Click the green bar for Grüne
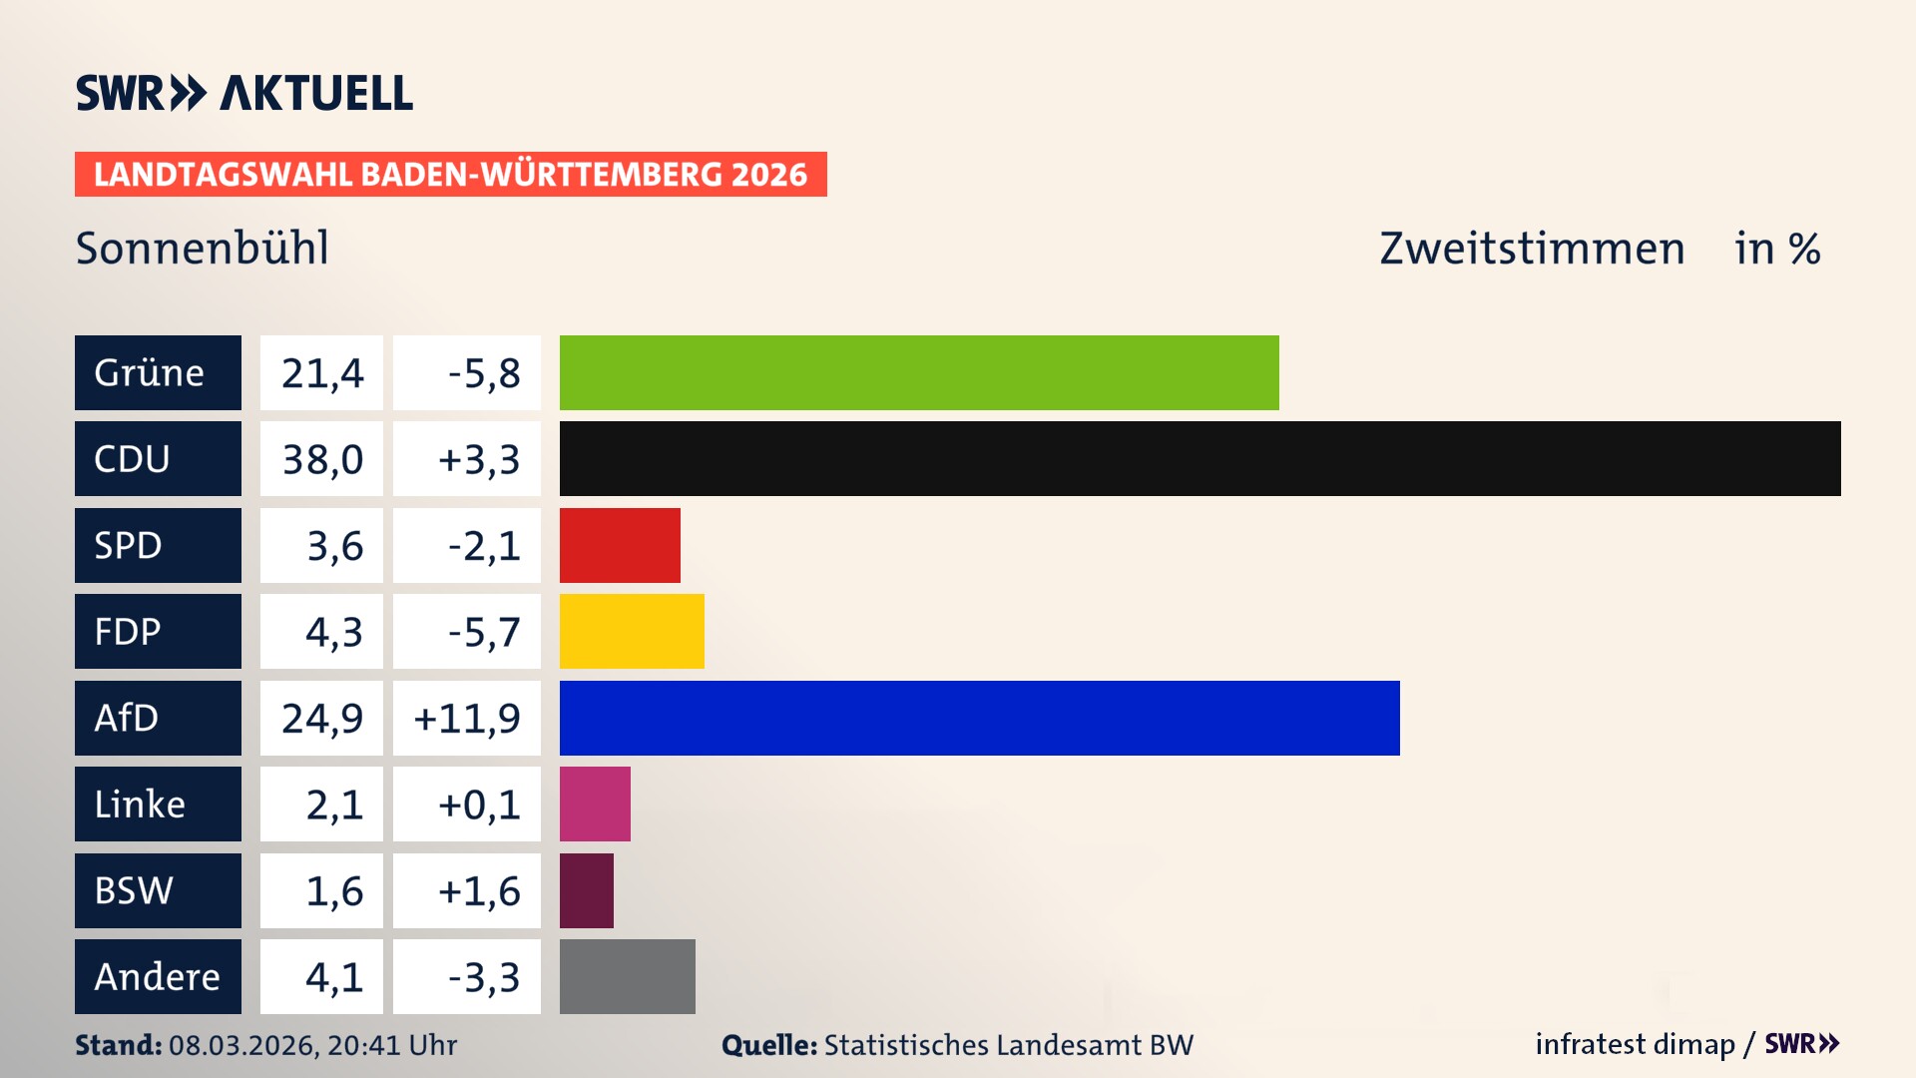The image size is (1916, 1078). point(918,372)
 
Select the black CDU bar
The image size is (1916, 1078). point(1199,458)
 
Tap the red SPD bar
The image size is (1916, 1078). point(620,545)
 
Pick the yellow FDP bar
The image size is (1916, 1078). point(632,631)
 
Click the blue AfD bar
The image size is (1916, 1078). point(979,718)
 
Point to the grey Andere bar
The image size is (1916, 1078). point(627,976)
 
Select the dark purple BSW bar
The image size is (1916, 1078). point(587,890)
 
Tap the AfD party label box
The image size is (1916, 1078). point(158,718)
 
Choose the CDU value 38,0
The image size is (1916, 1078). point(321,459)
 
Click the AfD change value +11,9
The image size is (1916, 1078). point(467,718)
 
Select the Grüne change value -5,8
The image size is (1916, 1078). point(483,373)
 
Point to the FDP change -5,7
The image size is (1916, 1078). point(483,632)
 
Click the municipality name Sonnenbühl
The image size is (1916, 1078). point(203,248)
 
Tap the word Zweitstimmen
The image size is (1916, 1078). point(1532,248)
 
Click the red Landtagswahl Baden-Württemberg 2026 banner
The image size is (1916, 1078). point(450,174)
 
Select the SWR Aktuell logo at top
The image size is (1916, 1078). point(244,93)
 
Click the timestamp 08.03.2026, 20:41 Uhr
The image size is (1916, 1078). point(312,1045)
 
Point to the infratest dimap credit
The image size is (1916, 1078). point(1635,1044)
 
